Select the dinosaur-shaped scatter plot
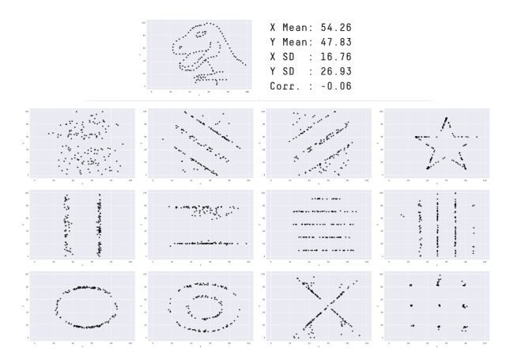(x=198, y=54)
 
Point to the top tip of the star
(x=447, y=118)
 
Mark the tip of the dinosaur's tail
(x=244, y=65)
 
